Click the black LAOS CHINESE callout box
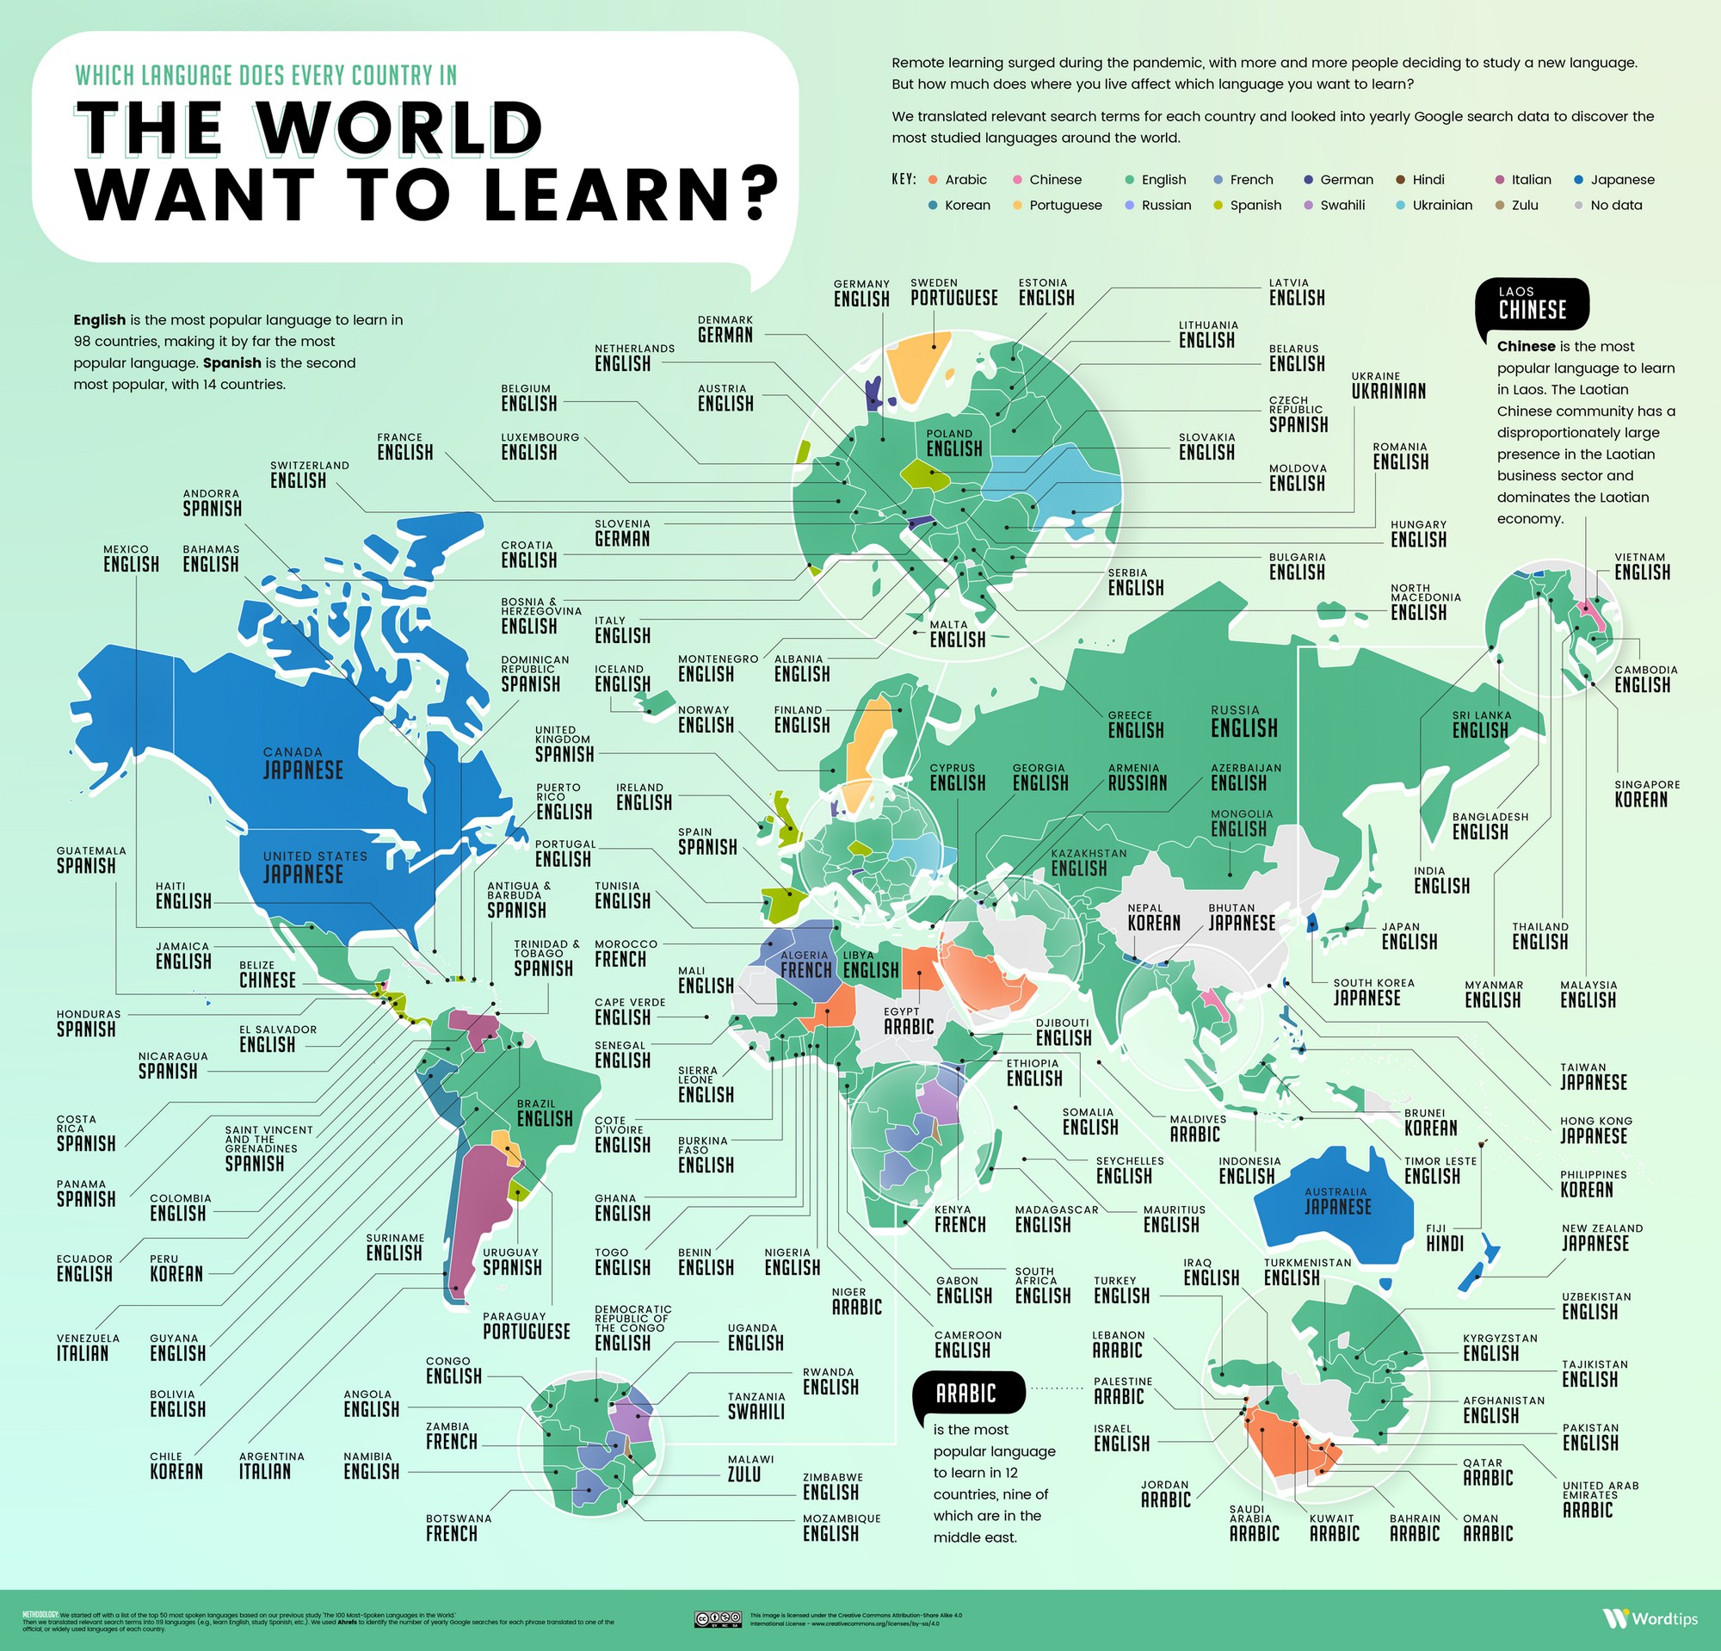click(1532, 304)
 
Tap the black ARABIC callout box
click(966, 1394)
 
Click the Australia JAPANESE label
click(1336, 1201)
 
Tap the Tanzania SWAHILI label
click(756, 1405)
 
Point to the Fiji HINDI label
click(1445, 1237)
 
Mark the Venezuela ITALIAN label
click(83, 1347)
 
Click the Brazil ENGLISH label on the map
click(545, 1113)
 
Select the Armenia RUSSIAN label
click(1137, 777)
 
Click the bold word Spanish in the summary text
click(231, 362)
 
